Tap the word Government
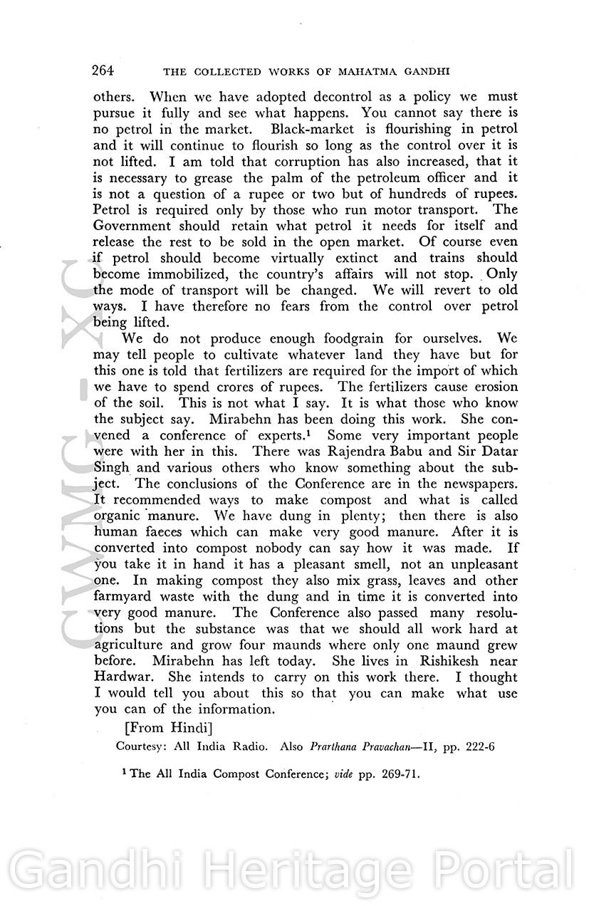click(132, 226)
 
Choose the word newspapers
click(474, 484)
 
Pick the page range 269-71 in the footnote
click(397, 774)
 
